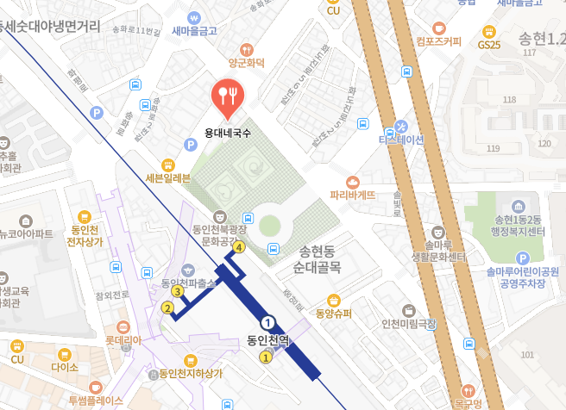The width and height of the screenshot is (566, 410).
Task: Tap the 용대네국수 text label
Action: pos(228,134)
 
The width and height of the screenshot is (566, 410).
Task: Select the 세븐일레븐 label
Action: pos(168,178)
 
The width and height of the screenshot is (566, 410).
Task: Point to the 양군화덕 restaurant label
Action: pos(246,61)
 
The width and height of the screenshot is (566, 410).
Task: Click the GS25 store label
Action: pos(489,44)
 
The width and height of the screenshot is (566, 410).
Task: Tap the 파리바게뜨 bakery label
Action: pos(353,195)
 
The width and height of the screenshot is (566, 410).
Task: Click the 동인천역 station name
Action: pos(269,340)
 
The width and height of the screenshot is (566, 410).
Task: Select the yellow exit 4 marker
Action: pos(240,247)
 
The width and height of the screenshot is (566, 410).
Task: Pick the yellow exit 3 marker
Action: pos(177,291)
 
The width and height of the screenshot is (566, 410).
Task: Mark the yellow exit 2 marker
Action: pos(167,307)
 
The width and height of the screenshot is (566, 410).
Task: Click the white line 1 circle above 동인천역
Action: pos(269,321)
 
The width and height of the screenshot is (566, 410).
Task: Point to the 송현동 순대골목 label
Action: pos(318,260)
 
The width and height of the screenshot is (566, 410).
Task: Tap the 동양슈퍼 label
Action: pos(333,313)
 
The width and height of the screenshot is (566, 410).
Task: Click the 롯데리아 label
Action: pos(123,339)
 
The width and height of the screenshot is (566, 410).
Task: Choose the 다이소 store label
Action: pos(65,367)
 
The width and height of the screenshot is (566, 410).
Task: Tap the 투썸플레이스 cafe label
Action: pos(96,401)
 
